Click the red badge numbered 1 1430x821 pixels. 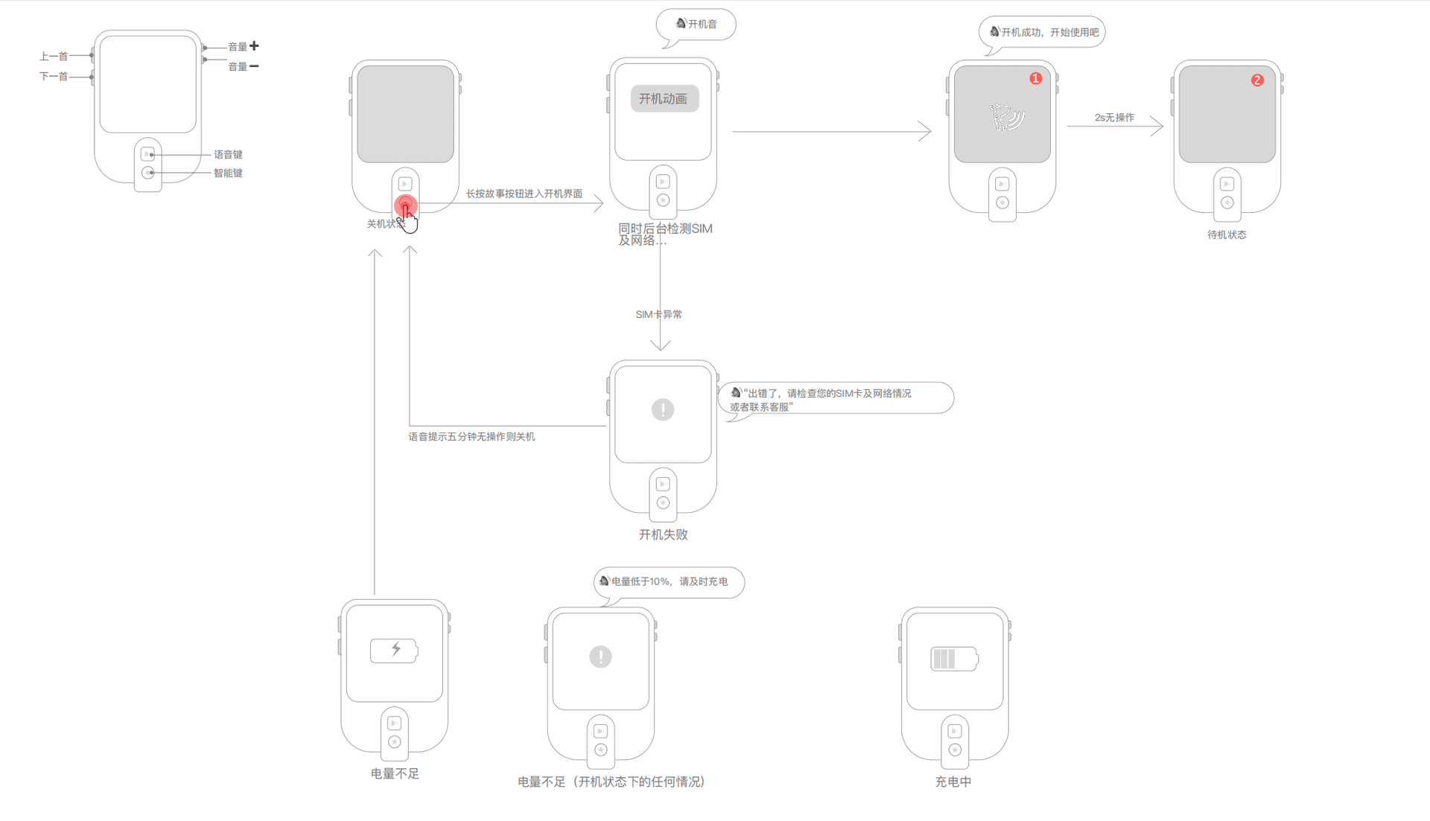1035,78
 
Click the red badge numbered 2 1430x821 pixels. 1257,80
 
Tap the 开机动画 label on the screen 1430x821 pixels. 663,99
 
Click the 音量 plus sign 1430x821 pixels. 255,46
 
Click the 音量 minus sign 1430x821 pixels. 255,66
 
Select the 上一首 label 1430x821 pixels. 53,57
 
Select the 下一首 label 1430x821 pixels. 53,77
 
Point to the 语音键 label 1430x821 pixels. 228,155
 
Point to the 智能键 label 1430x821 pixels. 228,173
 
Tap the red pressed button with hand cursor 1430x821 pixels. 405,205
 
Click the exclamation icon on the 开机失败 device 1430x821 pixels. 663,409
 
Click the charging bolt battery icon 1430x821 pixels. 395,651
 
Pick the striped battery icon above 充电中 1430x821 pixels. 954,659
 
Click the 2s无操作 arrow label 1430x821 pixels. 1114,118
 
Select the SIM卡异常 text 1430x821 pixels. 658,315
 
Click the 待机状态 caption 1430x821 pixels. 1227,235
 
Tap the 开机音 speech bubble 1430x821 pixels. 696,25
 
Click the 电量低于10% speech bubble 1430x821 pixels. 669,582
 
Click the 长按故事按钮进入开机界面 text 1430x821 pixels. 524,194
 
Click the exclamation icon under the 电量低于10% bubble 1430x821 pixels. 600,657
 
